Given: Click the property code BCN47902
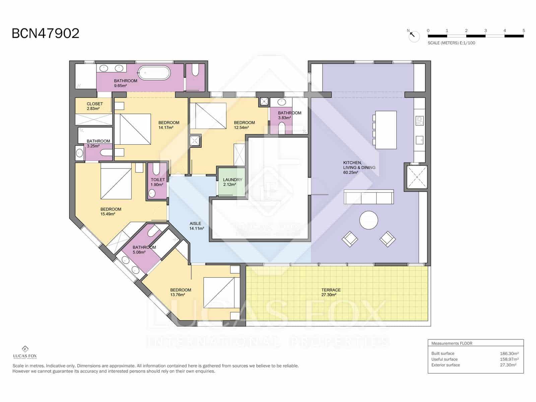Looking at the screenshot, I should click(x=46, y=33).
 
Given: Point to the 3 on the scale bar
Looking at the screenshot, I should click(x=485, y=30).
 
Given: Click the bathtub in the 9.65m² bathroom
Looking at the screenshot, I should click(x=154, y=73).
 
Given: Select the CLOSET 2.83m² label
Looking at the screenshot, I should click(x=95, y=106).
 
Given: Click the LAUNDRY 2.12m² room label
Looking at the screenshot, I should click(x=232, y=182).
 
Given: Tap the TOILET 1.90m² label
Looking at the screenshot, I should click(x=158, y=182).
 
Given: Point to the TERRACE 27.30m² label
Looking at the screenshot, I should click(x=331, y=292).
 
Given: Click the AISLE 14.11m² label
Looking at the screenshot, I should click(x=196, y=226).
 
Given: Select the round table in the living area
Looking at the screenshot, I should click(x=368, y=220).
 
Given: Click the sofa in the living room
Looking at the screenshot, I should click(x=368, y=197).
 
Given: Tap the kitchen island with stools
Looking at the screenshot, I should click(x=386, y=130).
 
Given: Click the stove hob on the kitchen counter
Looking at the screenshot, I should click(x=419, y=120).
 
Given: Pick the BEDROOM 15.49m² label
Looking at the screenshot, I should click(x=111, y=211).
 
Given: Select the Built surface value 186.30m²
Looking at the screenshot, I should click(x=509, y=353).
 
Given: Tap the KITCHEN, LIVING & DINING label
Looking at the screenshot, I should click(x=359, y=167).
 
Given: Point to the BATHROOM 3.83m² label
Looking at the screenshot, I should click(x=289, y=115).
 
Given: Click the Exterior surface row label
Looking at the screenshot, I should click(x=446, y=365).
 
